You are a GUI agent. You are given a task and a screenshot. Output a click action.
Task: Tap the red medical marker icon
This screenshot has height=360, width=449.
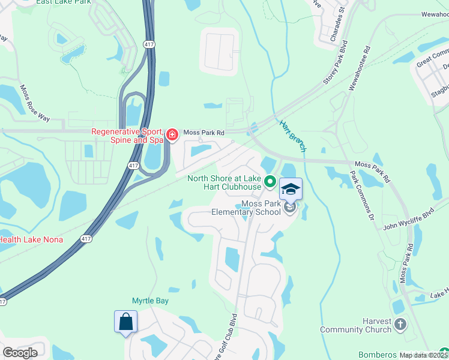coord(172,134)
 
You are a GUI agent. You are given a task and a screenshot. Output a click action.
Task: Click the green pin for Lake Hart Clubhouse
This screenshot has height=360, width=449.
coord(271,181)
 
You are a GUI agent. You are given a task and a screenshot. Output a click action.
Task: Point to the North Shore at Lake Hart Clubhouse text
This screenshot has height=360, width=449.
coord(224,182)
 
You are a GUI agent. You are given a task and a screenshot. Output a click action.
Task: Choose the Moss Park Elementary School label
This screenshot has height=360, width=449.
coord(246,208)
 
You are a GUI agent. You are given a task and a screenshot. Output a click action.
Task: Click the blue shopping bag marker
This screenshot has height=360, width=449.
coord(126,322)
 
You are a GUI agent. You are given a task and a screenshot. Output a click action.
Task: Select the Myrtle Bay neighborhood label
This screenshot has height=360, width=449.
coord(150,301)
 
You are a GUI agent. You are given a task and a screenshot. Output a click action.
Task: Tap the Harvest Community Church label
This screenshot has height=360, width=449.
coord(355,325)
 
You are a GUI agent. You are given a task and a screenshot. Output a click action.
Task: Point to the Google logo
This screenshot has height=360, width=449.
coord(20,353)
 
